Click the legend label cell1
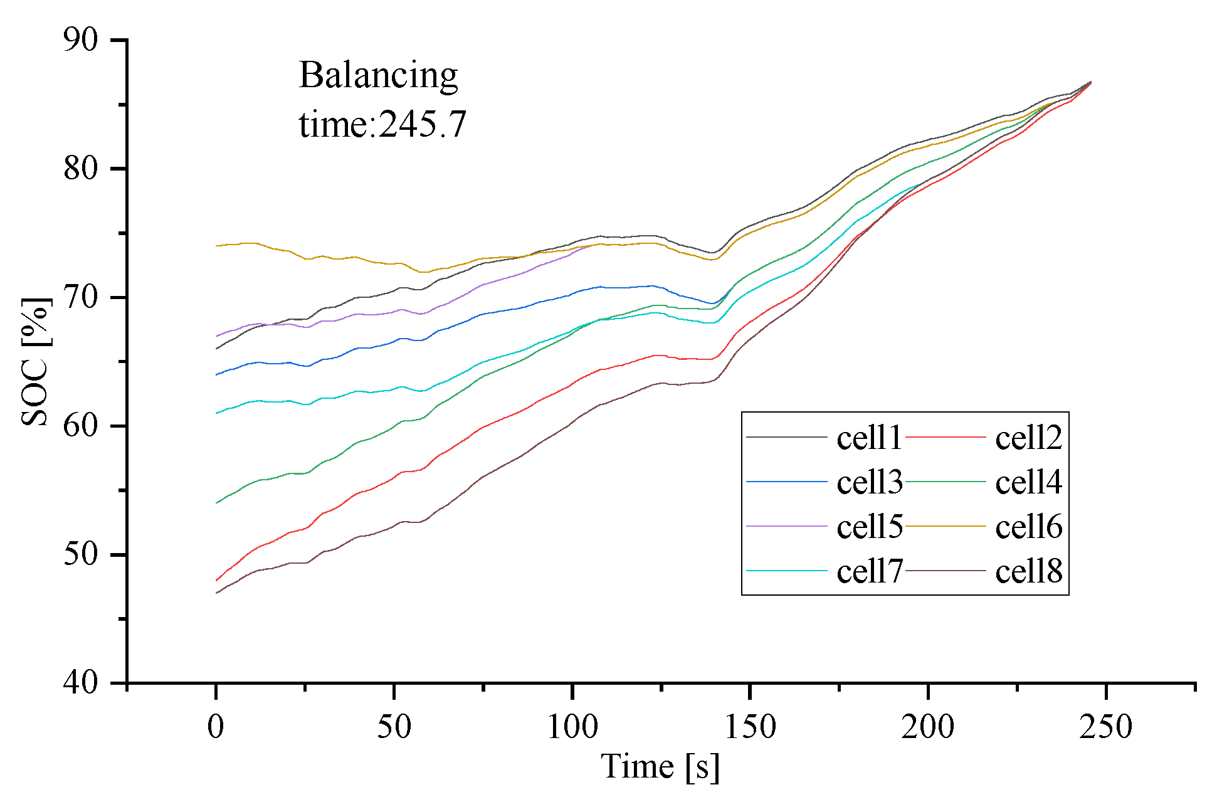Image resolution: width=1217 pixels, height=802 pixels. click(x=869, y=438)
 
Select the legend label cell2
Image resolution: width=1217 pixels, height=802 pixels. click(x=1028, y=438)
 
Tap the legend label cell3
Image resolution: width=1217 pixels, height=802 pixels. click(x=869, y=482)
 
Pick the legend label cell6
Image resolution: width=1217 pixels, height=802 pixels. click(x=1028, y=527)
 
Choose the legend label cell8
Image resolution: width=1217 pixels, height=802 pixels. click(x=1028, y=571)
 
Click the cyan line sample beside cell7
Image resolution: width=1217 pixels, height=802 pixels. click(x=787, y=571)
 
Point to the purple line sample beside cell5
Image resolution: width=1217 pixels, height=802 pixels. click(x=787, y=526)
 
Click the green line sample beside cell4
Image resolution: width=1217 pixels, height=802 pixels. click(x=946, y=482)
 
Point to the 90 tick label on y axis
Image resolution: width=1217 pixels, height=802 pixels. click(x=81, y=40)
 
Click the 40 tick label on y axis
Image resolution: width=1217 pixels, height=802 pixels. click(x=81, y=682)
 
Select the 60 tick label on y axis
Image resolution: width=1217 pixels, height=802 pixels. click(x=81, y=426)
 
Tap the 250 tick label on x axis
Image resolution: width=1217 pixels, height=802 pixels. click(x=1105, y=727)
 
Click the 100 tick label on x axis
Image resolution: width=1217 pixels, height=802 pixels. click(x=572, y=727)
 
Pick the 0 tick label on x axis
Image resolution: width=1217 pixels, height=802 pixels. click(x=216, y=727)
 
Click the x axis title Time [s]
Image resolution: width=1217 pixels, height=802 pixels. click(x=660, y=766)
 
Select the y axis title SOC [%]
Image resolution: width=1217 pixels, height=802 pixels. click(x=35, y=362)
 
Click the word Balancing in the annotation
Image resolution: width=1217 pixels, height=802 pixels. click(x=378, y=76)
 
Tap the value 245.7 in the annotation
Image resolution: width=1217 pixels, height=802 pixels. click(x=423, y=124)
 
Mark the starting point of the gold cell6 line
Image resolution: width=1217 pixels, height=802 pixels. click(x=216, y=246)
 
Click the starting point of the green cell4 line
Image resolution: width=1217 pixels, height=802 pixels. click(x=216, y=503)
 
